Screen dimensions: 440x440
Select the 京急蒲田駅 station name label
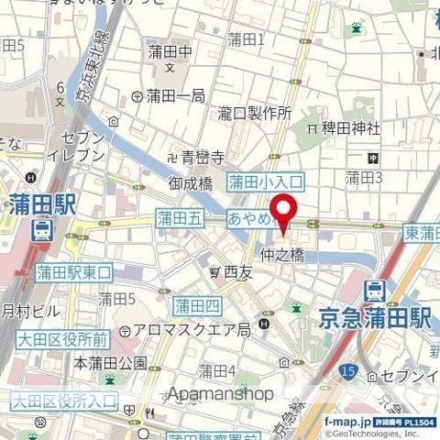374,318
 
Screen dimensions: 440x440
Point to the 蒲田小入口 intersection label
265,182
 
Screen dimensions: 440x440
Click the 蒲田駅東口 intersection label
73,272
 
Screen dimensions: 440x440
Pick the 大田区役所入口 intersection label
64,400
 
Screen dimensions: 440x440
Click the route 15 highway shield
346,370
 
